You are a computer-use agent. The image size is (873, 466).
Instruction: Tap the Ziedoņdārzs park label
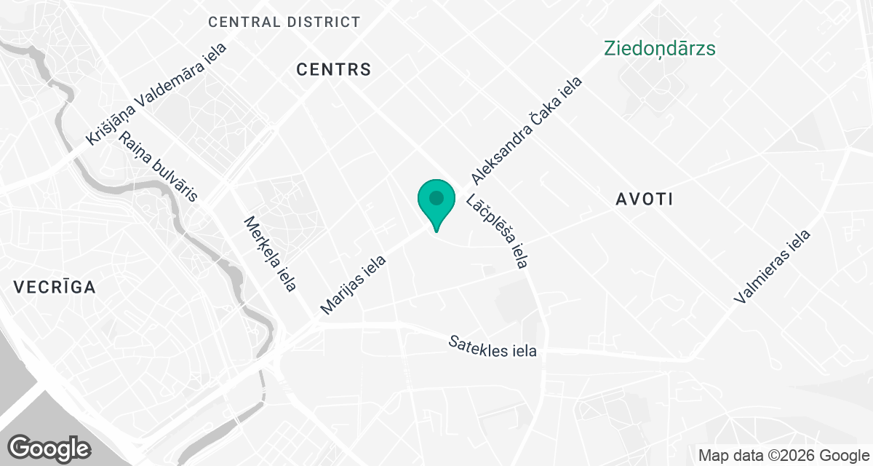coord(660,49)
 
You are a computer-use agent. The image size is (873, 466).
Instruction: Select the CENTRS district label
coord(334,70)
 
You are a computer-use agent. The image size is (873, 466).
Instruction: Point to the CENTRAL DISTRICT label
coord(284,22)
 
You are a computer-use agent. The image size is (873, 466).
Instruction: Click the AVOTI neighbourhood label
coord(645,199)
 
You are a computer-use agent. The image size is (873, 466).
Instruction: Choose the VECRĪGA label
coord(55,288)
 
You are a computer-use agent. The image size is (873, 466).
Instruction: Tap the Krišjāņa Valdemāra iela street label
coord(156,94)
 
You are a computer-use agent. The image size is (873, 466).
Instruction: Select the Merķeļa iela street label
coord(270,254)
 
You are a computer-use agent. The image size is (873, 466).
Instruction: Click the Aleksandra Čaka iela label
coord(527,131)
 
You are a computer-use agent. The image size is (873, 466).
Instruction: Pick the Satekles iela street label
coord(493,346)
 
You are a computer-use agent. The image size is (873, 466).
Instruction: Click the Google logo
coord(49,448)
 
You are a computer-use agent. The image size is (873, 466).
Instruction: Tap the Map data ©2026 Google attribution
coord(784,456)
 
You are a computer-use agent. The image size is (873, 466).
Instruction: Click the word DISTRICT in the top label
coord(322,22)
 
